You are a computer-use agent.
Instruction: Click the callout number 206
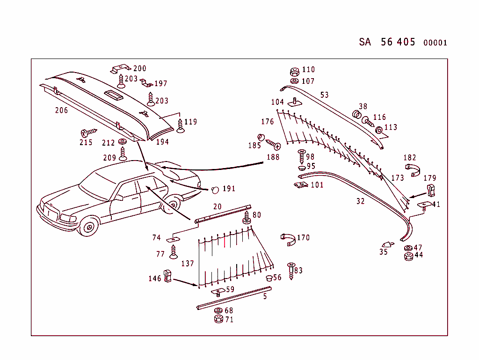point(61,110)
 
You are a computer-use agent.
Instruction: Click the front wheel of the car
point(88,228)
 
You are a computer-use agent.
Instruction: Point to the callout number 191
point(229,189)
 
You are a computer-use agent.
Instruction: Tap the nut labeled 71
point(218,319)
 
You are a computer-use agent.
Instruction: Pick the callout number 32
point(360,202)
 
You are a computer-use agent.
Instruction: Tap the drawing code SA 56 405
point(387,42)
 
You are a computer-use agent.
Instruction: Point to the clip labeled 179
point(431,190)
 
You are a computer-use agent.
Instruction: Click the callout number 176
point(267,122)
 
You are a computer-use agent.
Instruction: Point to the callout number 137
point(187,264)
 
